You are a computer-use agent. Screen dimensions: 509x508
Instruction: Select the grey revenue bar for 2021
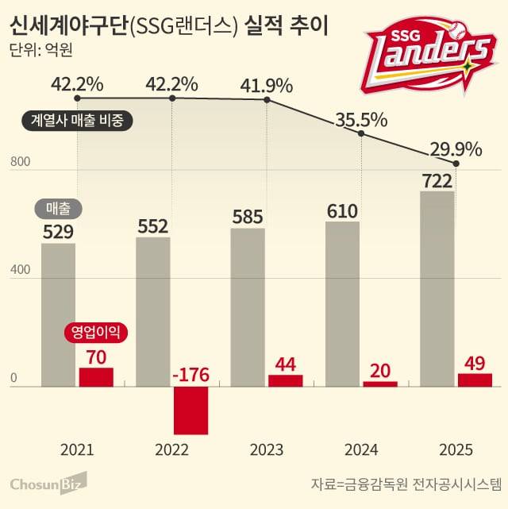pyautogui.click(x=58, y=314)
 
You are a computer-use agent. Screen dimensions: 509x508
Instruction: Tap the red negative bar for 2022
pyautogui.click(x=190, y=410)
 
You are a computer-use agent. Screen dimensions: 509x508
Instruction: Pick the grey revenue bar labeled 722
pyautogui.click(x=437, y=288)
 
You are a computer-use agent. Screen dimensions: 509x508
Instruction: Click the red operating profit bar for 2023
pyautogui.click(x=286, y=380)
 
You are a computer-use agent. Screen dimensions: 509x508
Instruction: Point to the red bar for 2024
pyautogui.click(x=380, y=384)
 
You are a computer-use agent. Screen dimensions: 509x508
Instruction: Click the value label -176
pyautogui.click(x=190, y=372)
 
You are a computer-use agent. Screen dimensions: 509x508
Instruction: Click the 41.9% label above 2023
pyautogui.click(x=267, y=85)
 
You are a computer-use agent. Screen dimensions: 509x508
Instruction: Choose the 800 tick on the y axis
pyautogui.click(x=20, y=163)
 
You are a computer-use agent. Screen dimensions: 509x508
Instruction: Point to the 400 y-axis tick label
pyautogui.click(x=20, y=271)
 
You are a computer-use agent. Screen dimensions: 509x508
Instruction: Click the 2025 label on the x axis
pyautogui.click(x=456, y=450)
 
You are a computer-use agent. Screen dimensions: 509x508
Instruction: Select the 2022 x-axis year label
pyautogui.click(x=171, y=450)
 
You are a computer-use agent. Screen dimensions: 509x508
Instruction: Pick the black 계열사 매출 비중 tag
pyautogui.click(x=77, y=121)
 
